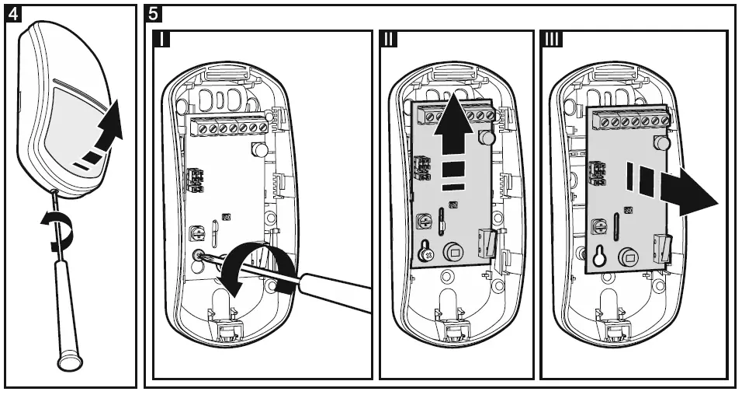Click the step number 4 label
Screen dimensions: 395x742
(x=12, y=13)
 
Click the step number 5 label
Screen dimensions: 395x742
(x=154, y=13)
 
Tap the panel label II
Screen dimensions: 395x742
(x=389, y=40)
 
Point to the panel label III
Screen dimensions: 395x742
(x=553, y=40)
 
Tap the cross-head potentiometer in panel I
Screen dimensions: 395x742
(x=196, y=232)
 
